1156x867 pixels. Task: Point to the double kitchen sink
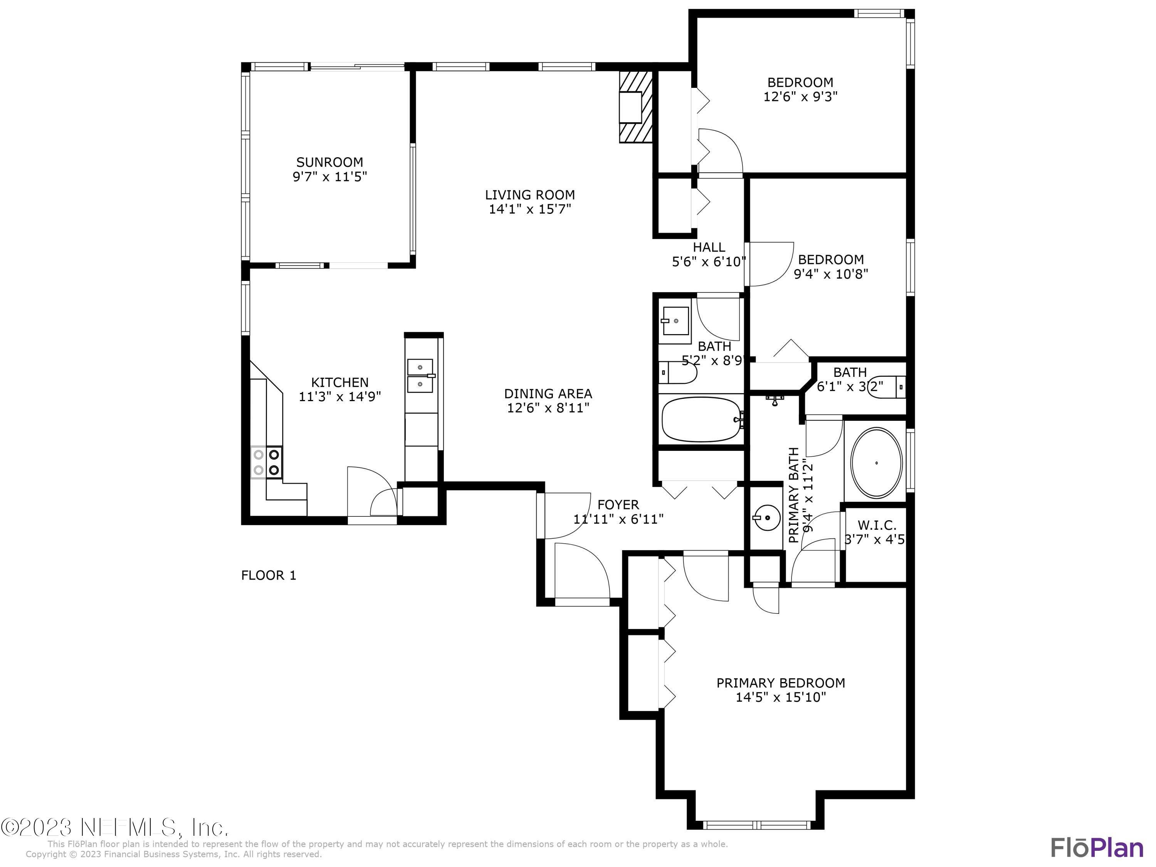point(420,375)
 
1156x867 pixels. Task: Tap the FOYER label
point(618,505)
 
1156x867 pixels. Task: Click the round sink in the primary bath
point(766,518)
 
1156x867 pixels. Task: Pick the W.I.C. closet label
point(876,525)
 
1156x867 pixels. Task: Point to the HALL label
point(709,247)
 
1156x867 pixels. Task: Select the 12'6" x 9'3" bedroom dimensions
point(800,97)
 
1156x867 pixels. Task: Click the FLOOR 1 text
point(269,575)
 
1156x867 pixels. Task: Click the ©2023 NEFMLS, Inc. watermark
point(114,828)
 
